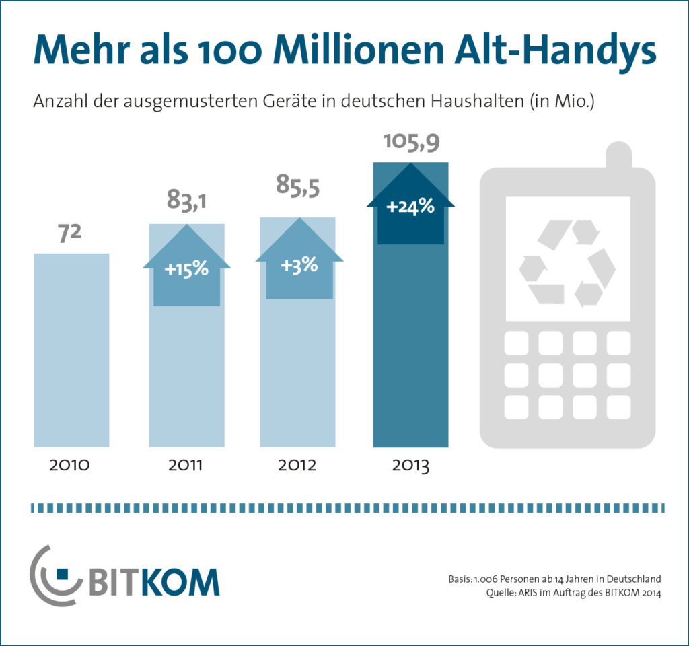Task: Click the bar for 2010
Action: tap(71, 350)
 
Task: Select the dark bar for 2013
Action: tap(410, 350)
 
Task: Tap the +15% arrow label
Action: tap(186, 270)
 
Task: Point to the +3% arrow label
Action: tap(299, 264)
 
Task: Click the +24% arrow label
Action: tap(410, 207)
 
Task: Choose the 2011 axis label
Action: tap(186, 465)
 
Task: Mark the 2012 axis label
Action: tap(298, 465)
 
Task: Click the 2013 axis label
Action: tap(410, 465)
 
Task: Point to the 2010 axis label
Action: tap(70, 465)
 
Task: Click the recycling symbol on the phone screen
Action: tap(567, 262)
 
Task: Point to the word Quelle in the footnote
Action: tap(501, 593)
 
